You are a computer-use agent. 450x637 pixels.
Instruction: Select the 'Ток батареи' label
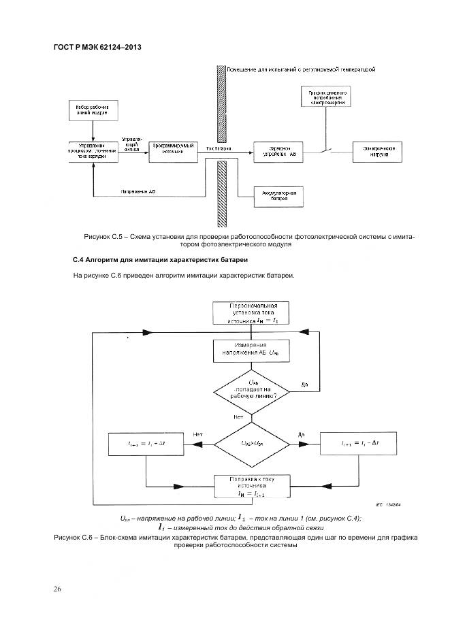click(219, 147)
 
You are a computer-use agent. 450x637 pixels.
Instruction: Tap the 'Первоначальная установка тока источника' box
click(250, 312)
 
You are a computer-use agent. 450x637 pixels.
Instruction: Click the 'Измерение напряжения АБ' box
click(250, 351)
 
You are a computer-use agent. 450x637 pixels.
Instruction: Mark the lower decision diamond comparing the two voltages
click(250, 444)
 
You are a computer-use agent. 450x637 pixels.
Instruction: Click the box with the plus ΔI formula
click(147, 443)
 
